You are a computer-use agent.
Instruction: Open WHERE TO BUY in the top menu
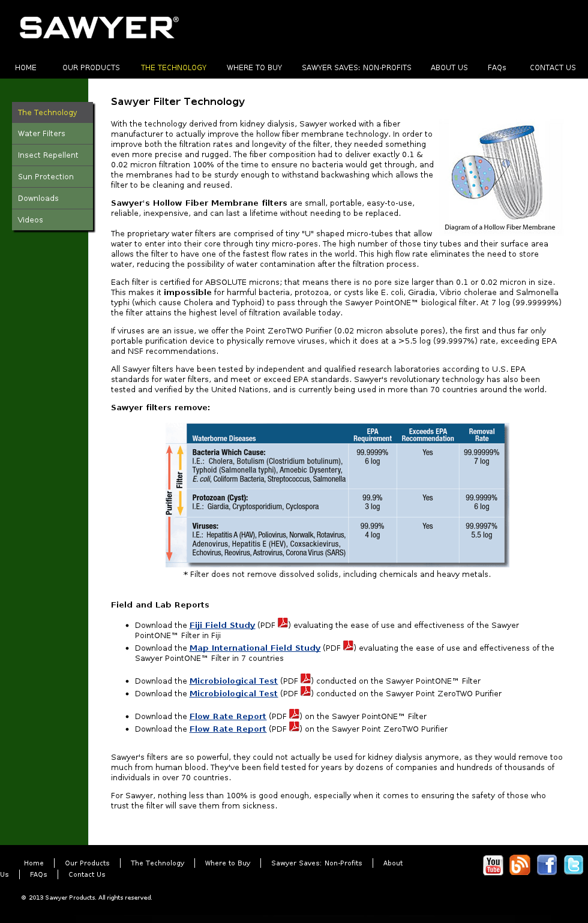254,68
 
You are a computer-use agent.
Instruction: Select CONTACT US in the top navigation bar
553,68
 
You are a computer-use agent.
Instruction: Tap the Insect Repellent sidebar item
48,155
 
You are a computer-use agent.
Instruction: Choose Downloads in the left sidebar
38,199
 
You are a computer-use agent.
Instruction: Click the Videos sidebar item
31,220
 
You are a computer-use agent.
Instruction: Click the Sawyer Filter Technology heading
178,102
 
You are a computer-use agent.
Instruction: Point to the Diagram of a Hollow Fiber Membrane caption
499,227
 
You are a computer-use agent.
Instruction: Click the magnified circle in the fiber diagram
473,177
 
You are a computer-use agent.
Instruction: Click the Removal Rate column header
482,435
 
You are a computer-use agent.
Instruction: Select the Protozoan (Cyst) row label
220,498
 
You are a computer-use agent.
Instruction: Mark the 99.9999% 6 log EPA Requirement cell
372,457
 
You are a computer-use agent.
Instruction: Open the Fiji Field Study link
222,626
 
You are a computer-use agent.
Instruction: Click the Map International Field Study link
255,648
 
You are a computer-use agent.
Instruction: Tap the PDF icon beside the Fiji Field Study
283,623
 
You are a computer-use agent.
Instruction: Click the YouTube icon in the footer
493,865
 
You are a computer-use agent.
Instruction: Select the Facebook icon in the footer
547,865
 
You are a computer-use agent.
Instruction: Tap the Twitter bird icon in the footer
574,865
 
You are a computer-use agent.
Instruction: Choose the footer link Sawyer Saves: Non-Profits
317,864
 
